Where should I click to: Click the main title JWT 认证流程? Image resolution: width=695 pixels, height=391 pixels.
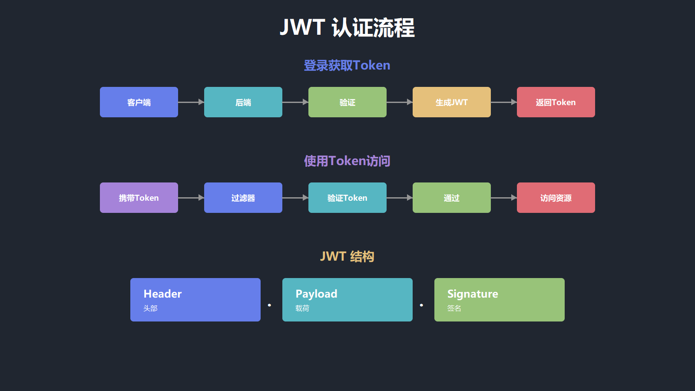coord(347,28)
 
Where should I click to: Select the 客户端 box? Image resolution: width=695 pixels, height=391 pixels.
coord(139,102)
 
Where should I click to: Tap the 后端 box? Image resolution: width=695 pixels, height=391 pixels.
coord(243,102)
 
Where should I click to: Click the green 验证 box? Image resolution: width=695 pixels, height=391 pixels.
coord(347,102)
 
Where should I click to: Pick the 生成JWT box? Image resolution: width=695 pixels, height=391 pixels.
coord(452,102)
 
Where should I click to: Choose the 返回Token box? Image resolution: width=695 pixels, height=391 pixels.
coord(556,102)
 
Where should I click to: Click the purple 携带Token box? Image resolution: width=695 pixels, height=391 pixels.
coord(139,198)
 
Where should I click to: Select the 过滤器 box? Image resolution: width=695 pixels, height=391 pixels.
coord(243,198)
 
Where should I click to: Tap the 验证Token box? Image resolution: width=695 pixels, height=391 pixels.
coord(347,198)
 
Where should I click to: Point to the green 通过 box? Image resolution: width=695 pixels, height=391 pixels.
coord(452,198)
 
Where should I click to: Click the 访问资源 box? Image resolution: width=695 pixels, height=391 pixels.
coord(556,198)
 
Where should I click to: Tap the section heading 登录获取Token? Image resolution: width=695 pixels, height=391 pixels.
coord(347,65)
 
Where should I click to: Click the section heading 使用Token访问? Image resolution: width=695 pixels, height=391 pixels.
coord(347,161)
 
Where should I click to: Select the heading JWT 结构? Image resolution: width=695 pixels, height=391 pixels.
coord(347,256)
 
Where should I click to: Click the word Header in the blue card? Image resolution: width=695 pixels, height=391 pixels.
coord(162,294)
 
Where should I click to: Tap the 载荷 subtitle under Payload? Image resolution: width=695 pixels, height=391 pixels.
coord(302,308)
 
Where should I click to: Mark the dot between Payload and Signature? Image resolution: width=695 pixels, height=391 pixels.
coord(421,305)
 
